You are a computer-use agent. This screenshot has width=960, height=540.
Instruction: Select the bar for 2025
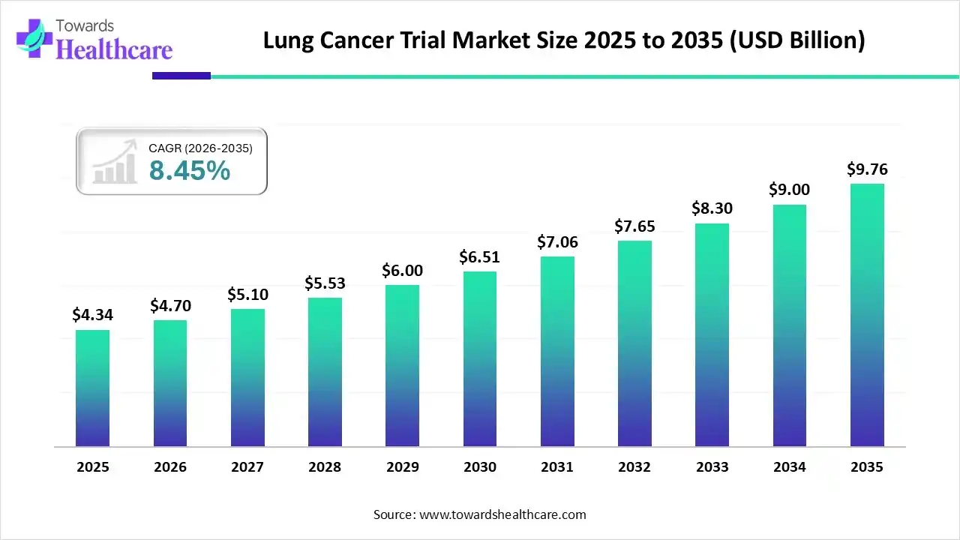92,388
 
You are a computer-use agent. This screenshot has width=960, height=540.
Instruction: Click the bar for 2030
480,358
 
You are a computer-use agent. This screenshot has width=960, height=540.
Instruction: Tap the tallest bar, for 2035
867,315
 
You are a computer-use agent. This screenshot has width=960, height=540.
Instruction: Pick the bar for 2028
325,372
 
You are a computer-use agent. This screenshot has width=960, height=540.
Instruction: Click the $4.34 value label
92,315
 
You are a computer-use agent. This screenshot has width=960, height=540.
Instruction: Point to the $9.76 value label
867,169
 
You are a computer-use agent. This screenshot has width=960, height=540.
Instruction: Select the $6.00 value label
402,271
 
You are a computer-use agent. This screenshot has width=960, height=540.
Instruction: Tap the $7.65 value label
634,226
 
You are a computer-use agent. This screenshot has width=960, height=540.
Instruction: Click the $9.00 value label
789,190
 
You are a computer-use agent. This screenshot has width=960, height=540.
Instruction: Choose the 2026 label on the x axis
170,467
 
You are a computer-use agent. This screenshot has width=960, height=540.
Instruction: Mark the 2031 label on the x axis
557,467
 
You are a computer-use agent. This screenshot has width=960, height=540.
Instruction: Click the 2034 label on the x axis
789,467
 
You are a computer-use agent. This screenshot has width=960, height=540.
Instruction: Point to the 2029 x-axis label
402,467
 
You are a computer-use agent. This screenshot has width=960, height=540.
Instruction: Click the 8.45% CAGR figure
189,171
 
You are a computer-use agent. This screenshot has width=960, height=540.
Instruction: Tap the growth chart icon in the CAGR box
114,161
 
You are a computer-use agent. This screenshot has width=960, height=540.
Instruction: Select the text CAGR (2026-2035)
200,148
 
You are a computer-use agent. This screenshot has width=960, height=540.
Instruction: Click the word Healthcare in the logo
115,49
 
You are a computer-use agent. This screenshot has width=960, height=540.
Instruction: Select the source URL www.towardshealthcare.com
501,514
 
